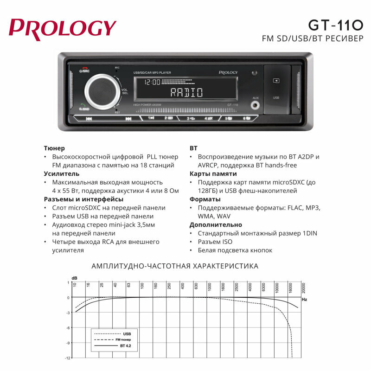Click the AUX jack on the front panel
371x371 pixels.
click(x=255, y=105)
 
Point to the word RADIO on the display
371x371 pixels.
click(x=186, y=92)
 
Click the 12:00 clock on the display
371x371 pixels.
click(x=152, y=82)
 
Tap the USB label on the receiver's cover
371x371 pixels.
click(x=276, y=98)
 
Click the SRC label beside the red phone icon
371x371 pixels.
click(x=86, y=71)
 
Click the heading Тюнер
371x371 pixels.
click(x=54, y=148)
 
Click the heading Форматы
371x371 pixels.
click(x=205, y=199)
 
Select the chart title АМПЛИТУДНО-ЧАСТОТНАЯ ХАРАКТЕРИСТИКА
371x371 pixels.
click(x=175, y=266)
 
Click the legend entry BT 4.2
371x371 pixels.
click(x=126, y=346)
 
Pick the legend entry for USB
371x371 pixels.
click(x=127, y=333)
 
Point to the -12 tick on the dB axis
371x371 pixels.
click(x=68, y=358)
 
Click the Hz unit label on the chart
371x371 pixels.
click(x=304, y=300)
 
